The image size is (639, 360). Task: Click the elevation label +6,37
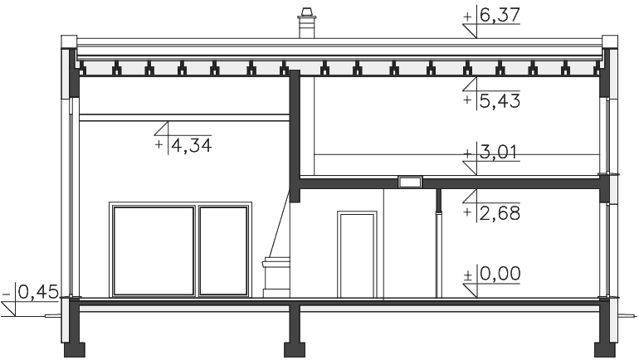pyautogui.click(x=492, y=16)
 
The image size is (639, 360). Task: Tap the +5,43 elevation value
pyautogui.click(x=492, y=100)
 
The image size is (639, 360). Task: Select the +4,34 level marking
pyautogui.click(x=183, y=145)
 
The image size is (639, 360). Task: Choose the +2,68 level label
pyautogui.click(x=492, y=213)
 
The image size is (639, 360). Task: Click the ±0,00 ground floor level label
pyautogui.click(x=492, y=274)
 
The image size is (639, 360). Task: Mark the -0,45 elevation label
pyautogui.click(x=31, y=292)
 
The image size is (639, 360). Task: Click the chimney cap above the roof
pyautogui.click(x=305, y=13)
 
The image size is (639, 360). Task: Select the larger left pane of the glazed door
pyautogui.click(x=154, y=251)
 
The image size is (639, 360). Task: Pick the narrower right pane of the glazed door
pyautogui.click(x=223, y=251)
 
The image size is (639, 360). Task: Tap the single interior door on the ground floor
pyautogui.click(x=357, y=255)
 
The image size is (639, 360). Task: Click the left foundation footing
pyautogui.click(x=75, y=350)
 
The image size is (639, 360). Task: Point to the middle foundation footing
pyautogui.click(x=295, y=350)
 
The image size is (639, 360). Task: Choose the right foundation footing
pyautogui.click(x=605, y=350)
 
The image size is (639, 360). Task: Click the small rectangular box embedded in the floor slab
pyautogui.click(x=410, y=182)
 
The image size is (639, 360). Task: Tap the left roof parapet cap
pyautogui.click(x=69, y=42)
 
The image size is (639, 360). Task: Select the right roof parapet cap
pyautogui.click(x=610, y=42)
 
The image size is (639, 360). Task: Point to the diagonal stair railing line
pyautogui.click(x=278, y=224)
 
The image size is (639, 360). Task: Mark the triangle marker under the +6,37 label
pyautogui.click(x=470, y=31)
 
